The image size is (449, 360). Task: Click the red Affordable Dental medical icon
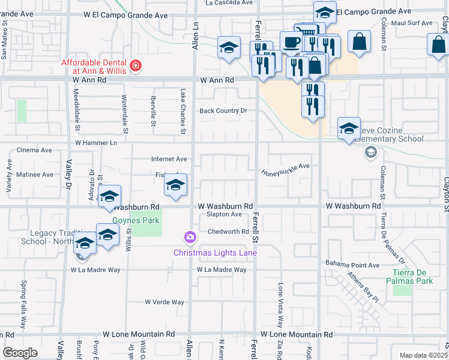pos(136,65)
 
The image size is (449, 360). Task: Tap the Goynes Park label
pos(143,220)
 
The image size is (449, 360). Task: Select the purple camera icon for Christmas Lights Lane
pos(190,238)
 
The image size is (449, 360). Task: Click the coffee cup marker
pos(292,42)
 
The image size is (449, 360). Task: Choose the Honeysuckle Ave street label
pos(285,170)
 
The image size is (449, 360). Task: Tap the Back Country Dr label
pos(223,111)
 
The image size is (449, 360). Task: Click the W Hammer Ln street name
pos(96,143)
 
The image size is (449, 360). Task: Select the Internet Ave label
pos(169,159)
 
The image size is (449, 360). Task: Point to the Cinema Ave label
pos(35,150)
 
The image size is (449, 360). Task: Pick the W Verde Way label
pos(164,302)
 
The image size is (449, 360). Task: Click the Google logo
pos(20,352)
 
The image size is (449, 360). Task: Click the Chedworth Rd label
pos(228,232)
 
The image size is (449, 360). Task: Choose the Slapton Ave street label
pos(224,214)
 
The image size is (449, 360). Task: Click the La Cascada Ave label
pos(229,3)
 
